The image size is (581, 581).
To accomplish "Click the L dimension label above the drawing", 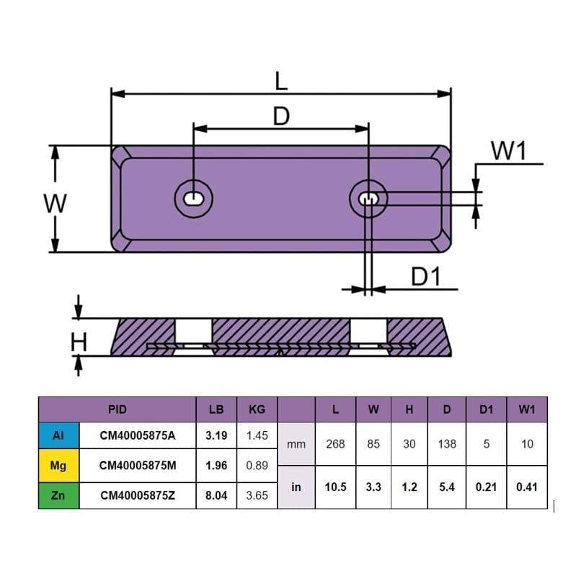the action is coord(281,81).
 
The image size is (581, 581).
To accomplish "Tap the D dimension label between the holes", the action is coord(281,116).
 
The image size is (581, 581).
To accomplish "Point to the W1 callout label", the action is coord(508,151).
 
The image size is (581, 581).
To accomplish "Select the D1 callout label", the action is coord(426,276).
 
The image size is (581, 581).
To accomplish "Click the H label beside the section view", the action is coord(79,342).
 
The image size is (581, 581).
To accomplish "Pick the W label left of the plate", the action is coord(56,203).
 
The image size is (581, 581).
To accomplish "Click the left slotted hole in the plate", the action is coord(193,199).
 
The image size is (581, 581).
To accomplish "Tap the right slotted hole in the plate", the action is coord(368,199).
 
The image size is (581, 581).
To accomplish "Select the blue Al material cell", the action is coord(58,435).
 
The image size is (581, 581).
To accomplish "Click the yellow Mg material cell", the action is coord(58,466).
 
